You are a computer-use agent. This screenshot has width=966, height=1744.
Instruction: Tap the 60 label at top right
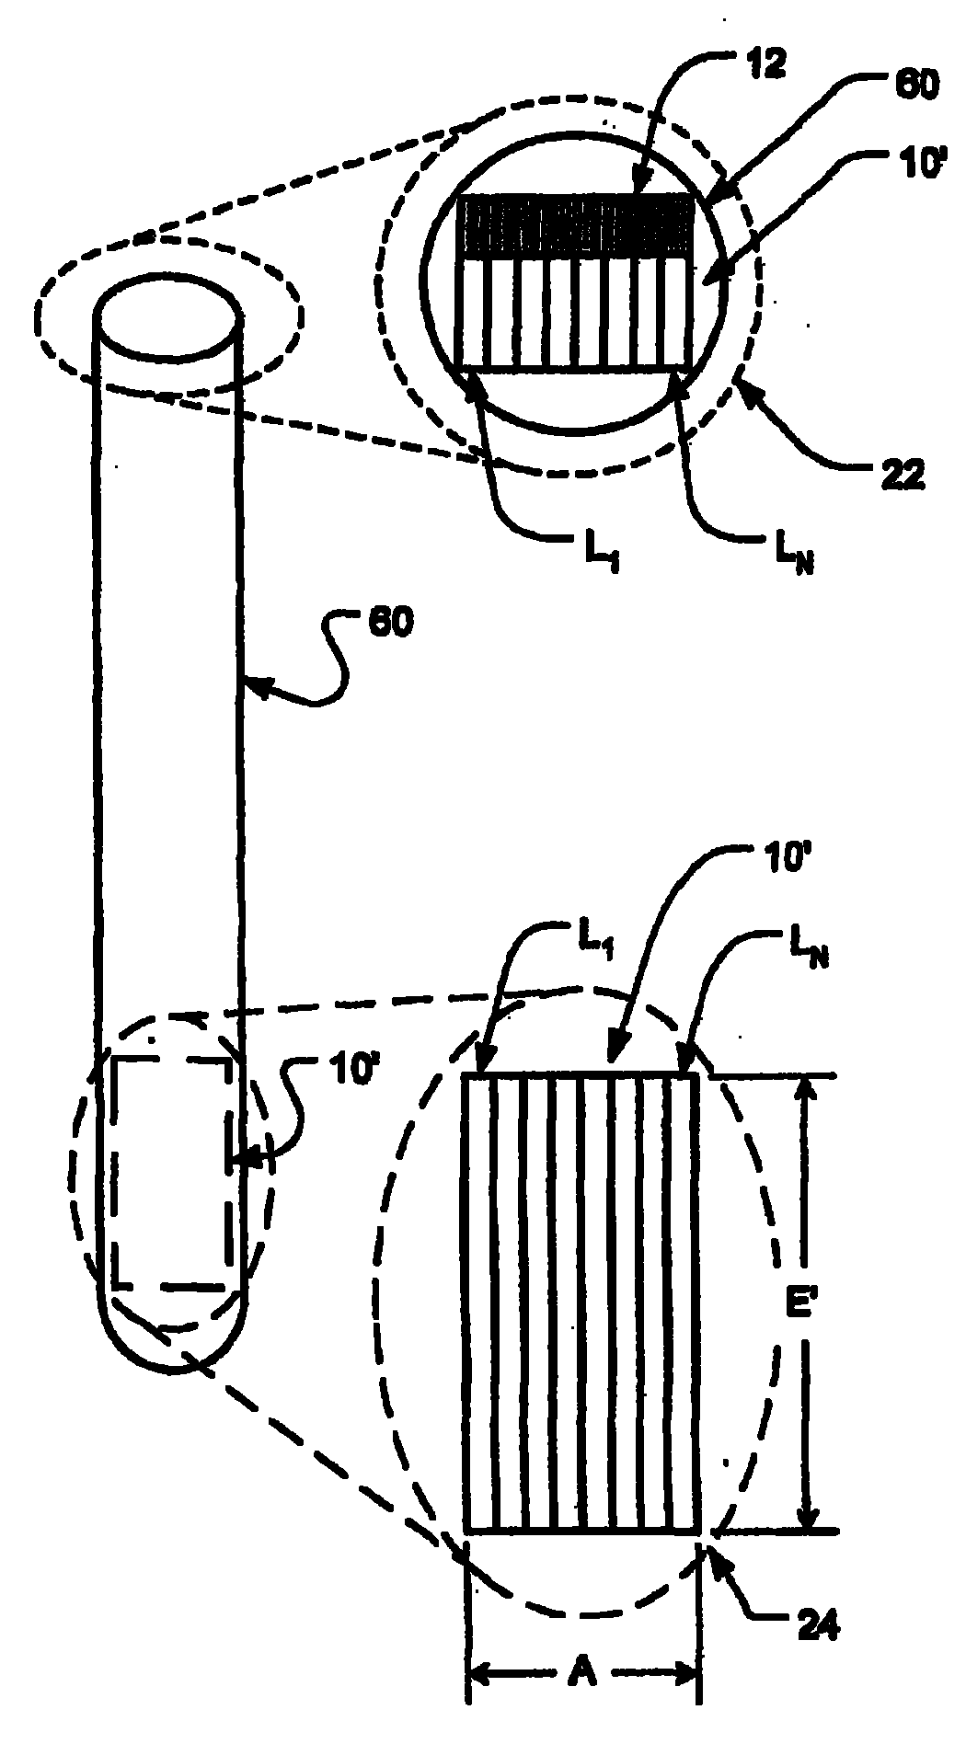click(916, 86)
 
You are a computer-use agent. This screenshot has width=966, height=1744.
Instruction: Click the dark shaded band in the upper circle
click(576, 226)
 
